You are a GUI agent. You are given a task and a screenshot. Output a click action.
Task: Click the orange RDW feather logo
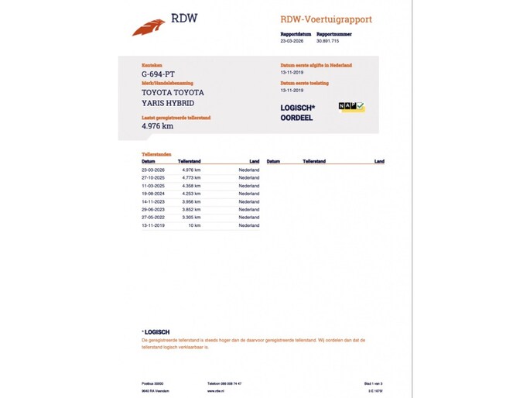[x=149, y=27]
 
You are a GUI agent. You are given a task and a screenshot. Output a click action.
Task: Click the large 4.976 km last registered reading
[x=157, y=125]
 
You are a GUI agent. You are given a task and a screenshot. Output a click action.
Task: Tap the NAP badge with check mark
[x=351, y=108]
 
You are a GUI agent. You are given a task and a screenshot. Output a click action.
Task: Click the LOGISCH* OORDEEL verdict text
[x=296, y=113]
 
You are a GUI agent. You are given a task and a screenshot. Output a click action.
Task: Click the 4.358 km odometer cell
[x=191, y=186]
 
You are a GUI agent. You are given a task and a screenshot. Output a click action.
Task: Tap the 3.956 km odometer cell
[x=191, y=201]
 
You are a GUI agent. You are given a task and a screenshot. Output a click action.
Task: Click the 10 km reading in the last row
[x=196, y=225]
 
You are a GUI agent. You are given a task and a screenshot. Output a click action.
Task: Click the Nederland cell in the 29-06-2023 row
[x=248, y=210]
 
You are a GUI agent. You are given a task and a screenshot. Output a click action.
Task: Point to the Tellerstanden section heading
[x=156, y=155]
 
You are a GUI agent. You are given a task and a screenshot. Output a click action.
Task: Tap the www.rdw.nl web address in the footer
[x=216, y=390]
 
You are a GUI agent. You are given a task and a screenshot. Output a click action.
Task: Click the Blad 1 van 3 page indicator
[x=374, y=383]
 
